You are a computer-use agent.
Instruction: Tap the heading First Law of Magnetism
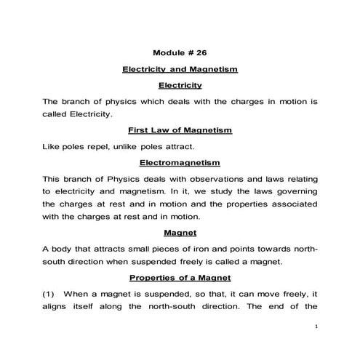180,130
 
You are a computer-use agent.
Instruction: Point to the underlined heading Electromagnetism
180,162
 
